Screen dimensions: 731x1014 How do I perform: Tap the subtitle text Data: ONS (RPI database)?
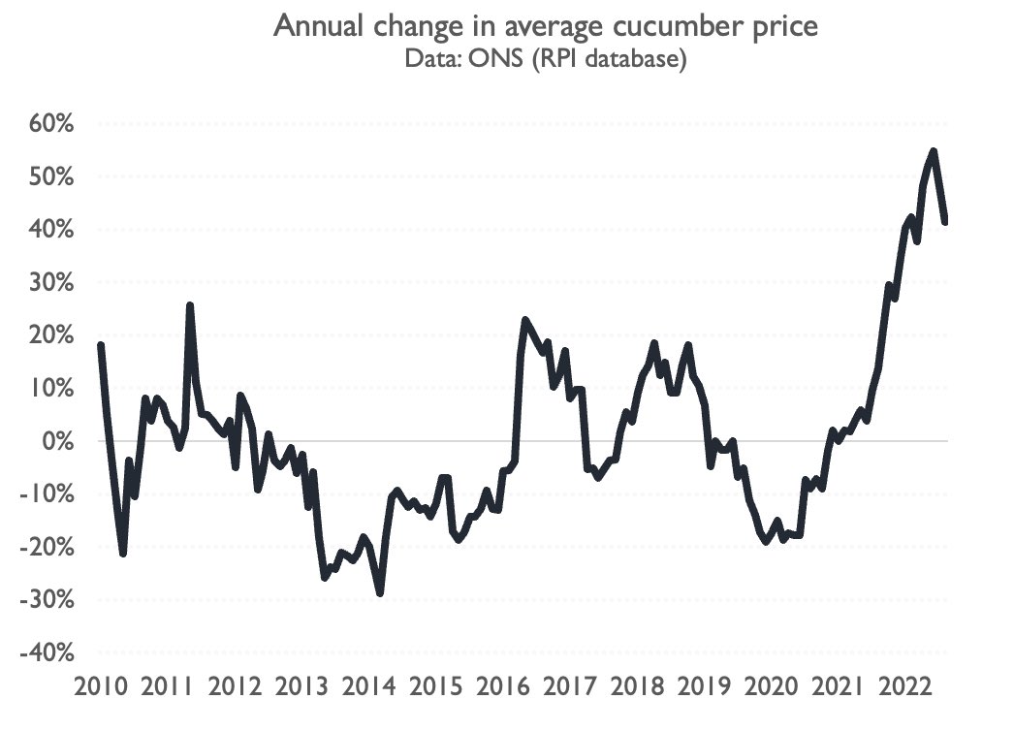point(547,61)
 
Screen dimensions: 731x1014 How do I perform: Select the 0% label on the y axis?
point(52,442)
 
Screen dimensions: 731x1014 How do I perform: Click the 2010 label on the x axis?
point(101,688)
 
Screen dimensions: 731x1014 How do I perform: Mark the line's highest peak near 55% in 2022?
point(933,151)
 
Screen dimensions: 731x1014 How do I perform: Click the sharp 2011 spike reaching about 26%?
point(190,305)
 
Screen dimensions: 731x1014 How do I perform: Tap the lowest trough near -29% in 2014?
point(380,593)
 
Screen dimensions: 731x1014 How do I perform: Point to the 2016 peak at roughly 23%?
point(524,320)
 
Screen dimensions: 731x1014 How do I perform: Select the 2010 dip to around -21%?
point(123,553)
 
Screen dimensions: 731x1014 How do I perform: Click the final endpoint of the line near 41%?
point(944,222)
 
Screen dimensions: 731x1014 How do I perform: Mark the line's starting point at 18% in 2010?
point(101,345)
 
